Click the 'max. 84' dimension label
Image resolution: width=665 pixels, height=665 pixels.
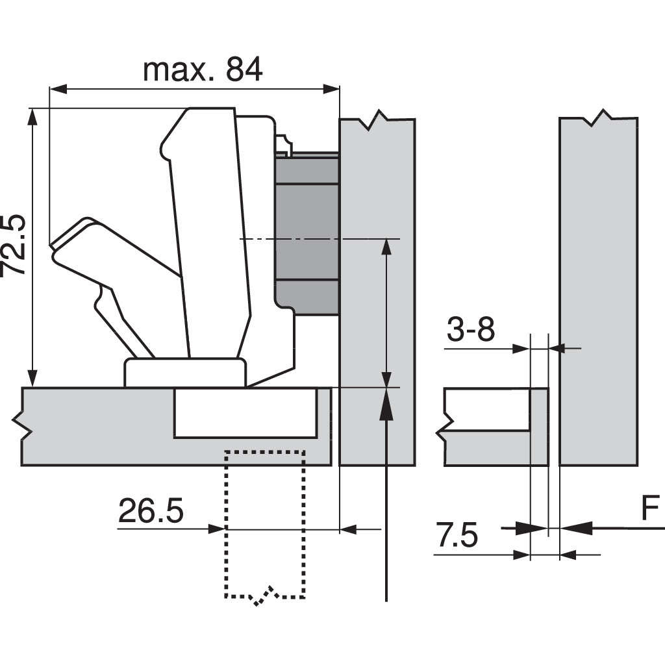point(203,69)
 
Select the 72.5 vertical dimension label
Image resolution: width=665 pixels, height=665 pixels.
point(14,245)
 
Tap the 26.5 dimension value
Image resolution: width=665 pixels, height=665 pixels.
point(151,512)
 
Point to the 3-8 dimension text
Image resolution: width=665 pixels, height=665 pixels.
point(471,331)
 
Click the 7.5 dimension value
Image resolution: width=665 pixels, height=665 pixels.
point(457,537)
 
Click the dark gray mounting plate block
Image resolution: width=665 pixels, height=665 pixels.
point(307,234)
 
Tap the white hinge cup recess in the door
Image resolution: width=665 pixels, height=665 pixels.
point(245,413)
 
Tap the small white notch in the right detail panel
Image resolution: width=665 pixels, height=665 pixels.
point(487,409)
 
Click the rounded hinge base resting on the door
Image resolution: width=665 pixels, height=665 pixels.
point(185,373)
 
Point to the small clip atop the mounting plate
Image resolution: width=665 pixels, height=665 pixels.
point(282,145)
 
